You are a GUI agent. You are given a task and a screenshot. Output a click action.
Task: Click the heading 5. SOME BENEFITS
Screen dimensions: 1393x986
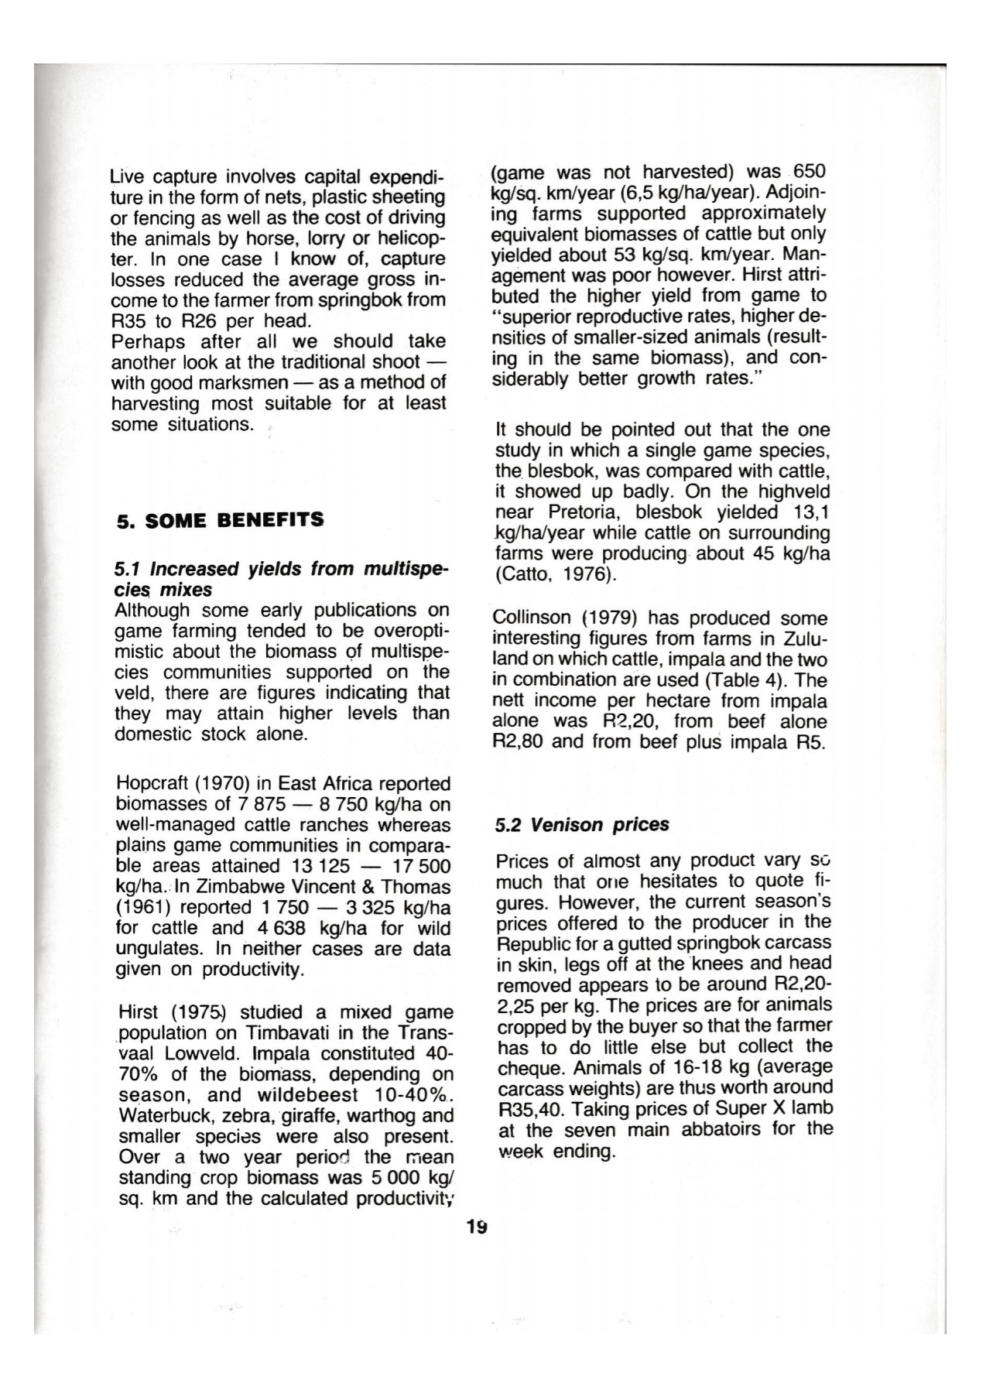(220, 520)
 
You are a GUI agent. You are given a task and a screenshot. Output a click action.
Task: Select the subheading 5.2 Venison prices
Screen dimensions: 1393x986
(582, 825)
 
